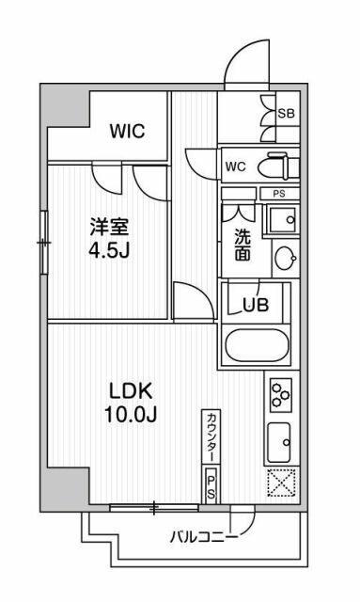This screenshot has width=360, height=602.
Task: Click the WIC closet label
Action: tap(125, 132)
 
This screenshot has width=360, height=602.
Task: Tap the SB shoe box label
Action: tap(287, 113)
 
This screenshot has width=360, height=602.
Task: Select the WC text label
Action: tap(235, 168)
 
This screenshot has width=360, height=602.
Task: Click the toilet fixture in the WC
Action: tap(277, 167)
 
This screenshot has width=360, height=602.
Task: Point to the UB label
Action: tap(254, 304)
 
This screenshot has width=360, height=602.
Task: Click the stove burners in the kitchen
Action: tap(280, 396)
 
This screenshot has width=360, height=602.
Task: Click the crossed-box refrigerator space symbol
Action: tap(281, 482)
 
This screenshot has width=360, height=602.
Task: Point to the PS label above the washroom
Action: tap(278, 194)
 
